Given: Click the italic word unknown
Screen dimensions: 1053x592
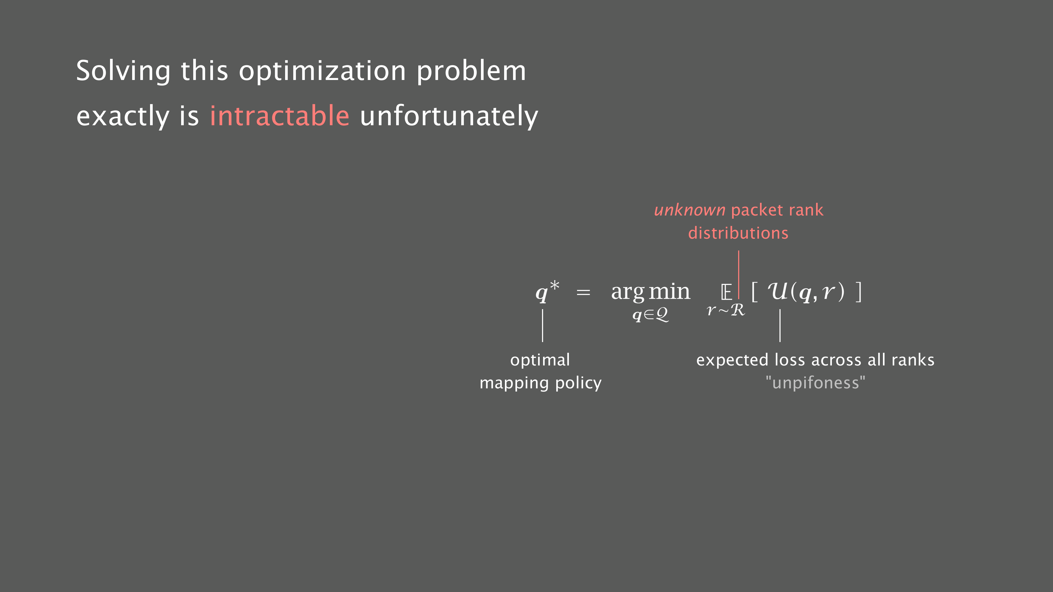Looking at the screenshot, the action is pyautogui.click(x=690, y=210).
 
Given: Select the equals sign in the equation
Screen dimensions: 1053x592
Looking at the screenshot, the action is pyautogui.click(x=583, y=293).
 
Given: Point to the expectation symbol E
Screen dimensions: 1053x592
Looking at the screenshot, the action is pyautogui.click(x=726, y=293).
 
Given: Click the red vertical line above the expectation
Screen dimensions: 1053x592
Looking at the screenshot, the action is pyautogui.click(x=739, y=274).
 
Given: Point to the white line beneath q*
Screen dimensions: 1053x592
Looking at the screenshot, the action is pyautogui.click(x=543, y=326).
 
